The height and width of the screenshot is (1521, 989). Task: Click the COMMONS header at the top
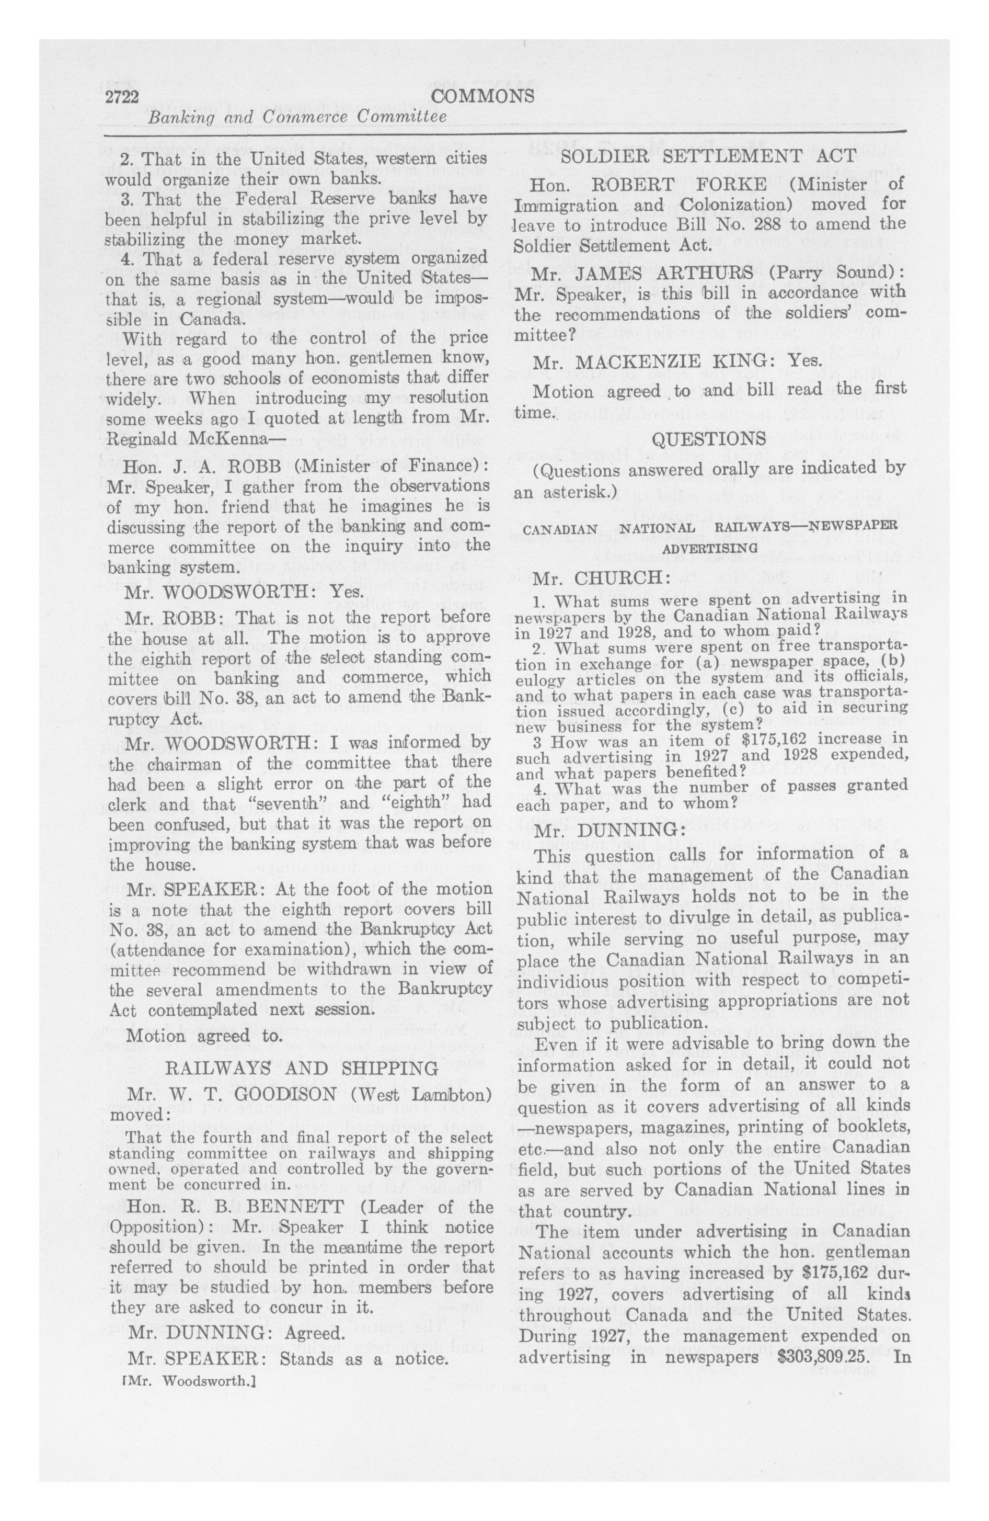coord(483,96)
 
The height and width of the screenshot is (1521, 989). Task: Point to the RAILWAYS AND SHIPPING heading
coord(302,1069)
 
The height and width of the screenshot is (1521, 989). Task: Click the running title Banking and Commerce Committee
coord(297,118)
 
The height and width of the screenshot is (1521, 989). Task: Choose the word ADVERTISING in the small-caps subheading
coord(709,548)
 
